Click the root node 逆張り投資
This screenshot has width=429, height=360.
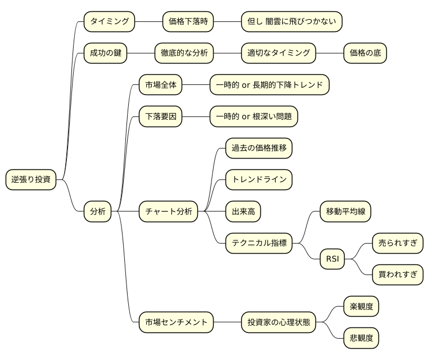[x=31, y=180]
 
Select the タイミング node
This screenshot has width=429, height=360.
[x=110, y=22]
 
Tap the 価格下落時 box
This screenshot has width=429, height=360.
[x=188, y=22]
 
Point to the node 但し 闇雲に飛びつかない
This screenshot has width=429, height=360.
[x=292, y=22]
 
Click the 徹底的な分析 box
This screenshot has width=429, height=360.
[x=184, y=53]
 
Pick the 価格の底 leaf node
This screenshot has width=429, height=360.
[x=365, y=53]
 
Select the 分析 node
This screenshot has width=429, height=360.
[x=98, y=211]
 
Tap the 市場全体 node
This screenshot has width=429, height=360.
[x=161, y=85]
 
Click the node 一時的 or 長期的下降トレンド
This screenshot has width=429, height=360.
[x=269, y=85]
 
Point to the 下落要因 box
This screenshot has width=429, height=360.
[x=161, y=117]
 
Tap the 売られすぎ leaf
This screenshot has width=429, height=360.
[x=398, y=243]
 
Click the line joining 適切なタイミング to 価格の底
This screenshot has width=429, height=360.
[x=329, y=53]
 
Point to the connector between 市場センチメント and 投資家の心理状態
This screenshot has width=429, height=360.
[x=227, y=323]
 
